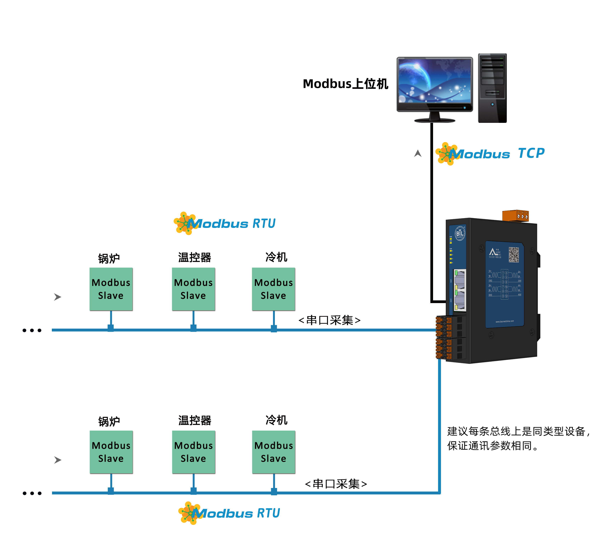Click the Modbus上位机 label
[346, 84]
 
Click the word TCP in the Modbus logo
[531, 154]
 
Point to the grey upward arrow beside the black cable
[418, 154]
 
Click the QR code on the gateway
[514, 254]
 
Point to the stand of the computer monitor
[434, 117]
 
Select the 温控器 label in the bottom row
[195, 421]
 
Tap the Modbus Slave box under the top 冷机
[274, 289]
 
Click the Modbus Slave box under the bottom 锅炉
[111, 452]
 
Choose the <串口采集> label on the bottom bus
[336, 484]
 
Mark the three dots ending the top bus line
[32, 330]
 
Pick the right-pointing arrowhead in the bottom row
[58, 460]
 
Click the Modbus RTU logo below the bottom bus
[229, 513]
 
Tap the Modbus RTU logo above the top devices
[225, 224]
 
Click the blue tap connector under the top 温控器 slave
[193, 328]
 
